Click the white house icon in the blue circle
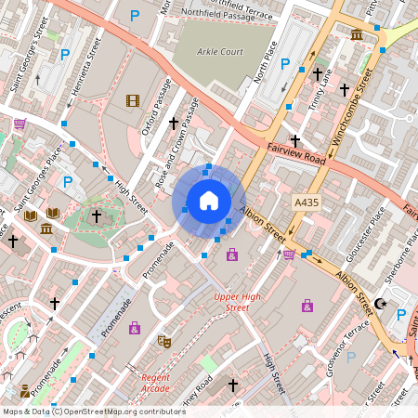click(x=209, y=201)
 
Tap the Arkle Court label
click(x=220, y=51)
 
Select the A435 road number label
click(x=307, y=202)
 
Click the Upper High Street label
click(x=232, y=302)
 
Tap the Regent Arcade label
click(x=155, y=382)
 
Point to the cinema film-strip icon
click(x=133, y=100)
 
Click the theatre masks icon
click(x=164, y=341)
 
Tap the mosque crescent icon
click(x=379, y=303)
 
